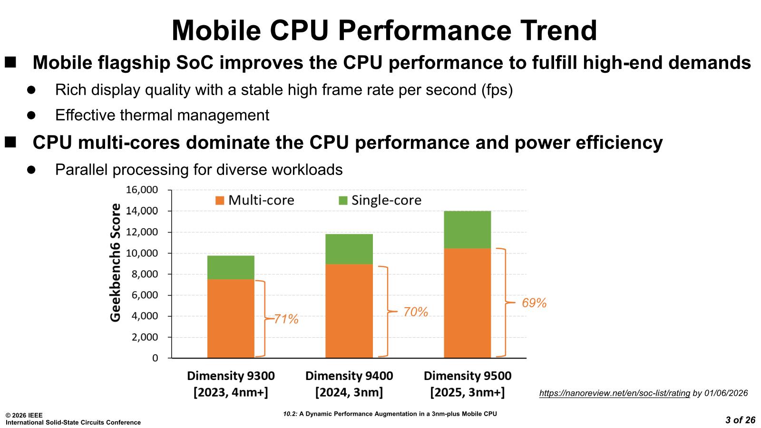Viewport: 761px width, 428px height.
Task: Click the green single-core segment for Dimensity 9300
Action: coord(231,267)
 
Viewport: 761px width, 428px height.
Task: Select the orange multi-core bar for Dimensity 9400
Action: coord(349,311)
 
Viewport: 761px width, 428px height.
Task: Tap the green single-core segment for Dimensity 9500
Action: coord(467,230)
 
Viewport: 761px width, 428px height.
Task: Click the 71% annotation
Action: coord(286,319)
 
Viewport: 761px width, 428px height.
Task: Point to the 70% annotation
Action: coord(416,312)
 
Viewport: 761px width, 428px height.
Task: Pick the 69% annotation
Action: coord(534,303)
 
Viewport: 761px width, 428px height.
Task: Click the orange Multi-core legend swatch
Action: coord(220,200)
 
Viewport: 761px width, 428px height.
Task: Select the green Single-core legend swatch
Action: coord(343,200)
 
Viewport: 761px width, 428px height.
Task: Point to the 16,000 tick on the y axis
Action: coord(142,190)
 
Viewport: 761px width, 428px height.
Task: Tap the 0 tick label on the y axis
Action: coord(155,358)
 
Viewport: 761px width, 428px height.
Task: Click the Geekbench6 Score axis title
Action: coord(116,263)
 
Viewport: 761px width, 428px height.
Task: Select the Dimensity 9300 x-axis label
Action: coord(231,376)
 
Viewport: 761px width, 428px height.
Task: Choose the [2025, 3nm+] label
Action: coord(467,393)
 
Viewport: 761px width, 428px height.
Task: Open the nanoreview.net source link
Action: coord(615,393)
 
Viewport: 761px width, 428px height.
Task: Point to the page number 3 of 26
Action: coord(740,420)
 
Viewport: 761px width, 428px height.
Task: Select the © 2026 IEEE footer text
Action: coord(24,416)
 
